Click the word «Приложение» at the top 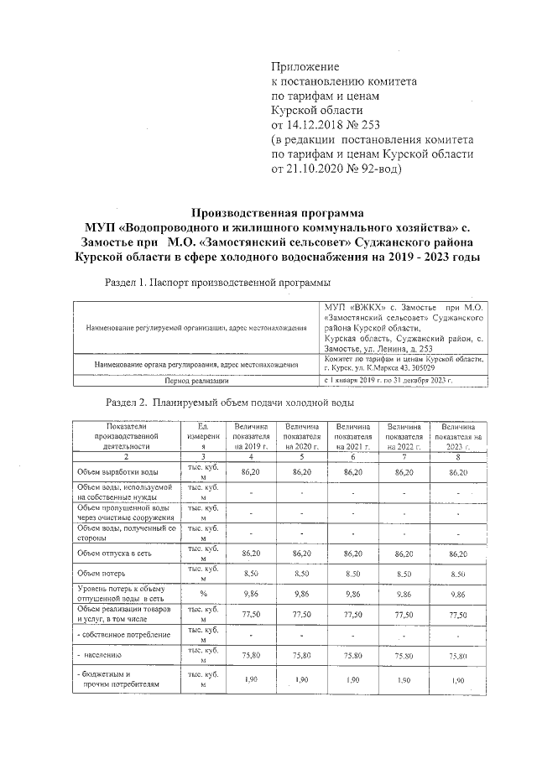pyautogui.click(x=305, y=66)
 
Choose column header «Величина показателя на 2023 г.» pyautogui.click(x=457, y=436)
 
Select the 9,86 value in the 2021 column pyautogui.click(x=353, y=594)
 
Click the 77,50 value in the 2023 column pyautogui.click(x=457, y=614)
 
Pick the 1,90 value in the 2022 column pyautogui.click(x=405, y=680)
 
